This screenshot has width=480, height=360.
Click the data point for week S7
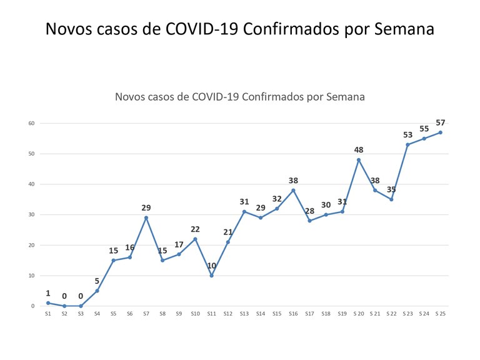pyautogui.click(x=146, y=217)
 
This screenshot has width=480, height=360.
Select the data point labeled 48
pyautogui.click(x=359, y=159)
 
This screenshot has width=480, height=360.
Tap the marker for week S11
pyautogui.click(x=211, y=276)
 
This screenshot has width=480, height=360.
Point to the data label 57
pyautogui.click(x=441, y=122)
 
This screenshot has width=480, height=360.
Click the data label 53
pyautogui.click(x=408, y=135)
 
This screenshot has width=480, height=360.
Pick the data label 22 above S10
pyautogui.click(x=195, y=229)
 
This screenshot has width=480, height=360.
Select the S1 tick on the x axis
pyautogui.click(x=48, y=314)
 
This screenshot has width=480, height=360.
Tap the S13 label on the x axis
pyautogui.click(x=244, y=314)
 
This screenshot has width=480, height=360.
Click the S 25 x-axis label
pyautogui.click(x=441, y=314)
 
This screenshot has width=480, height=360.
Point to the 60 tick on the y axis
pyautogui.click(x=31, y=123)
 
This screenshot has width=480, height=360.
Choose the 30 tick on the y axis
pyautogui.click(x=31, y=214)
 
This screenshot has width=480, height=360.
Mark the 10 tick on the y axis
pyautogui.click(x=31, y=276)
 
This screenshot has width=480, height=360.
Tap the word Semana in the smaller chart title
pyautogui.click(x=342, y=97)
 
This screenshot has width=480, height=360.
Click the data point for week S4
pyautogui.click(x=97, y=291)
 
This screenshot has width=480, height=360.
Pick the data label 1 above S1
pyautogui.click(x=48, y=293)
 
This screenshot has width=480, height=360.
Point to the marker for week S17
pyautogui.click(x=309, y=221)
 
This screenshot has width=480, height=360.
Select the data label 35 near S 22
pyautogui.click(x=391, y=189)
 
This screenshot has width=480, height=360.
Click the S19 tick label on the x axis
pyautogui.click(x=342, y=314)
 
